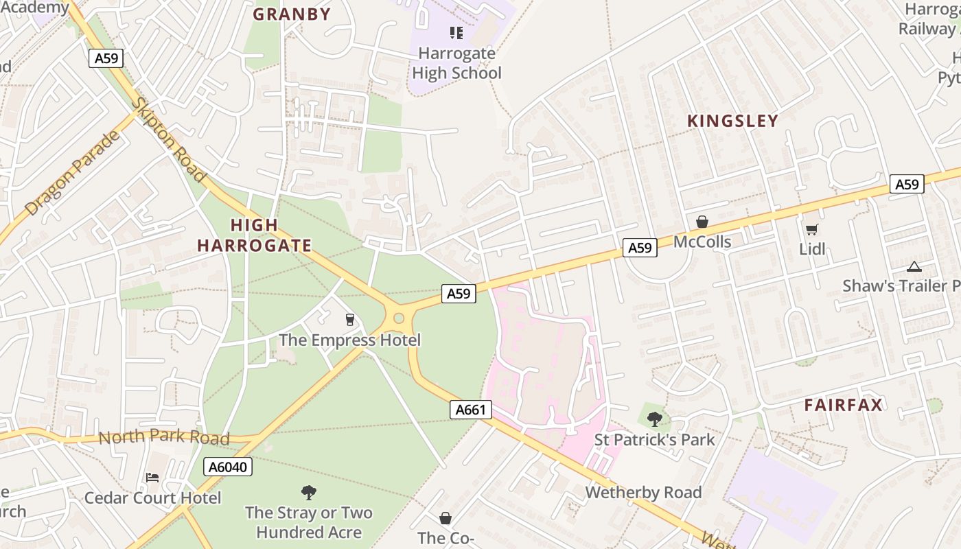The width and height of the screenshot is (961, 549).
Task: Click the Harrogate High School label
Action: tap(456, 63)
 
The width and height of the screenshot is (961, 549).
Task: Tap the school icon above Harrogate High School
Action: tap(456, 33)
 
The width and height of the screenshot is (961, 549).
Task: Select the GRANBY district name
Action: tap(292, 14)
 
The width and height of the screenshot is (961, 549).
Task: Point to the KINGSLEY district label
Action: tap(732, 121)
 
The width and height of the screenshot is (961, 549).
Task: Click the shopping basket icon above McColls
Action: tap(702, 222)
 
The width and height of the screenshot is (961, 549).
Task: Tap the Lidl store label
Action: tap(812, 249)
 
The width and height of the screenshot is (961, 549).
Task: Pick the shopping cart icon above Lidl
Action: tap(811, 229)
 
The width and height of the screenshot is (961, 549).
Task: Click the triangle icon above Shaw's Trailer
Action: tap(913, 266)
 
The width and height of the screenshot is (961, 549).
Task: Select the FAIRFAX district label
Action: tap(843, 405)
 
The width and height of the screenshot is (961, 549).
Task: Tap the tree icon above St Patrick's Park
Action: tap(654, 419)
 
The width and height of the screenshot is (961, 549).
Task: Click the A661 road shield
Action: tap(471, 410)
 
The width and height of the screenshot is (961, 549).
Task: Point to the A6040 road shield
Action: tap(228, 467)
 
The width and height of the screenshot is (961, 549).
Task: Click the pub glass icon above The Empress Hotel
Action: tap(349, 320)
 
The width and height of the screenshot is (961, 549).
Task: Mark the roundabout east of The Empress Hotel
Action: tap(398, 318)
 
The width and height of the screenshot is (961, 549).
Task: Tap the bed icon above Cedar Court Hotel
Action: tap(152, 478)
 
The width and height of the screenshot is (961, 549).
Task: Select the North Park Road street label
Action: tap(163, 438)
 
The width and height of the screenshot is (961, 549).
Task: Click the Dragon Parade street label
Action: tap(72, 172)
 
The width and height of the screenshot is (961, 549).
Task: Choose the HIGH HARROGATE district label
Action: tap(254, 235)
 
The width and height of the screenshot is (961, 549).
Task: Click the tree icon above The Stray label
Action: tap(309, 492)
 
